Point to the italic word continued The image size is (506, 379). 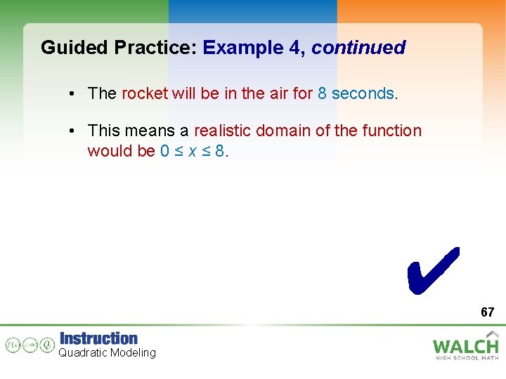click(358, 48)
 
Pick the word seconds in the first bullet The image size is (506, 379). click(363, 93)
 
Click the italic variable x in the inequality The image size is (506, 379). click(192, 151)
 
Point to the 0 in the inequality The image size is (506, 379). click(165, 151)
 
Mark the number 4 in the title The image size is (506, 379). click(297, 48)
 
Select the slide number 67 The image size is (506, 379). click(487, 312)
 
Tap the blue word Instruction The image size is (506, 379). click(98, 338)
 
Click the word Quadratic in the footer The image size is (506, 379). click(83, 352)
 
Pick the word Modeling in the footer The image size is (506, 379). click(133, 352)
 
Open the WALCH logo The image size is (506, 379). click(465, 345)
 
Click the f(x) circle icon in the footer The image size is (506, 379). click(13, 345)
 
